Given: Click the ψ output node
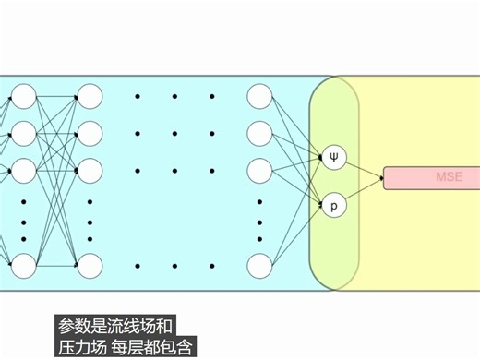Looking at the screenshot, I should tap(334, 157).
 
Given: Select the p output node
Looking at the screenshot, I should tap(334, 204).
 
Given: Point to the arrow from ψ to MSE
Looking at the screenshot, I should tap(365, 167).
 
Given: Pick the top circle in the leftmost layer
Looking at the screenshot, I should tap(23, 96).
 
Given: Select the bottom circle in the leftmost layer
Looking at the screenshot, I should tap(23, 266).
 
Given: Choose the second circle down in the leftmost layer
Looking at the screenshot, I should tap(23, 133).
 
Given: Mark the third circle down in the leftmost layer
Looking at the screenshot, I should tap(23, 170).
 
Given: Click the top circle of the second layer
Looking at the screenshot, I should tap(90, 96).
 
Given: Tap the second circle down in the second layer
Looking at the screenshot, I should tap(90, 133).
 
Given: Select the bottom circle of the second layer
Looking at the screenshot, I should tap(90, 266).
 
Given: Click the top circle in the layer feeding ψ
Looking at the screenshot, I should tap(260, 96).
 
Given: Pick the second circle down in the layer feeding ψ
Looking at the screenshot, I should tap(260, 133).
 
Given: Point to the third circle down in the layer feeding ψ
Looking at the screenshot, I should tap(260, 170).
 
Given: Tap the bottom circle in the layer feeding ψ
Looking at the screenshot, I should tap(260, 266).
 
